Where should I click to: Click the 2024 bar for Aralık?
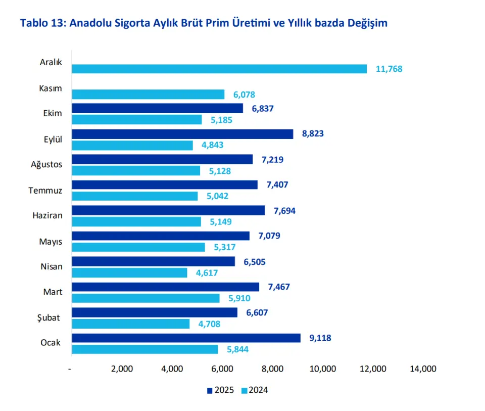[x=219, y=69]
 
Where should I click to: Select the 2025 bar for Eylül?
[x=182, y=134]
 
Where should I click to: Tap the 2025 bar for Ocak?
[x=186, y=338]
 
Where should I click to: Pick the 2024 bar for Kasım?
[x=148, y=95]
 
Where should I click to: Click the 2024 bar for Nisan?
[x=129, y=273]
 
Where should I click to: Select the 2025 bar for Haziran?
[x=168, y=210]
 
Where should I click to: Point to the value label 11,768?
[x=389, y=69]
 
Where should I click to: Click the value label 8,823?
[x=313, y=134]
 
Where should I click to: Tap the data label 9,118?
[x=320, y=338]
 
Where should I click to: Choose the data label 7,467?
[x=279, y=287]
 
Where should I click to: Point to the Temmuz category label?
[x=46, y=190]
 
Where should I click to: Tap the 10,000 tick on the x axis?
[x=322, y=369]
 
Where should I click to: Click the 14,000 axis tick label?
[x=423, y=369]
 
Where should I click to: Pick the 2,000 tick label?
[x=121, y=369]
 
